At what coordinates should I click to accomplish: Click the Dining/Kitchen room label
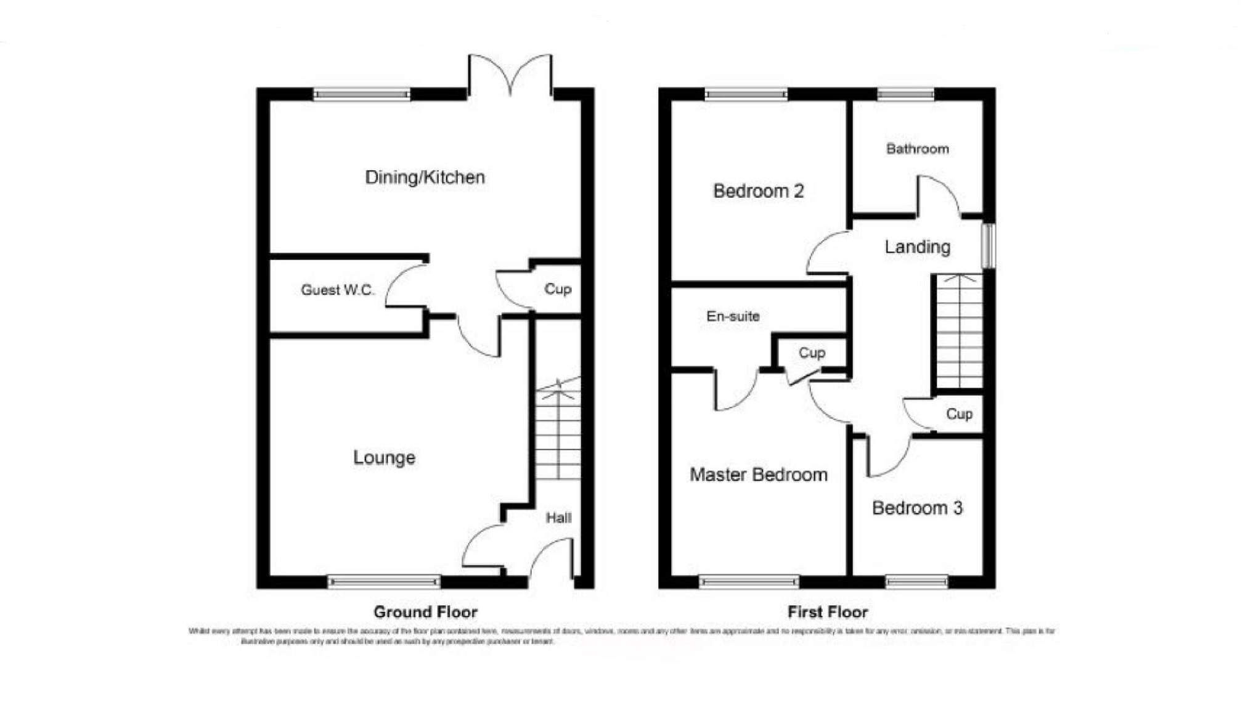[425, 178]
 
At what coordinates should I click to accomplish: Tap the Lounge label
[384, 457]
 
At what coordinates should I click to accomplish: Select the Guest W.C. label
[337, 290]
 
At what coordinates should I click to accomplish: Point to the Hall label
[558, 518]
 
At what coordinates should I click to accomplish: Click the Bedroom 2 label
[758, 191]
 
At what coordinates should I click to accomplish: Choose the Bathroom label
[917, 149]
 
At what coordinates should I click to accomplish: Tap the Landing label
[917, 247]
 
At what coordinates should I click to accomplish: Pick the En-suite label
[733, 316]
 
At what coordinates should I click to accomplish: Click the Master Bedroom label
[758, 475]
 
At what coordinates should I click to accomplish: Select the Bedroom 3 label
[917, 508]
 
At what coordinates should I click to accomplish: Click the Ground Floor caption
[425, 612]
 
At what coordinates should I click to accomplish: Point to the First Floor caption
[827, 612]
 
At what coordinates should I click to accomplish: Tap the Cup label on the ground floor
[558, 289]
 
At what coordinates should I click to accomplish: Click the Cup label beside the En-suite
[812, 353]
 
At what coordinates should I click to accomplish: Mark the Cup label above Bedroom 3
[959, 414]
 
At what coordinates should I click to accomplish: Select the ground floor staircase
[558, 431]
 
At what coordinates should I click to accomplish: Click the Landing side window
[988, 246]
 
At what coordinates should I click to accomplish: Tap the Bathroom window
[905, 94]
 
